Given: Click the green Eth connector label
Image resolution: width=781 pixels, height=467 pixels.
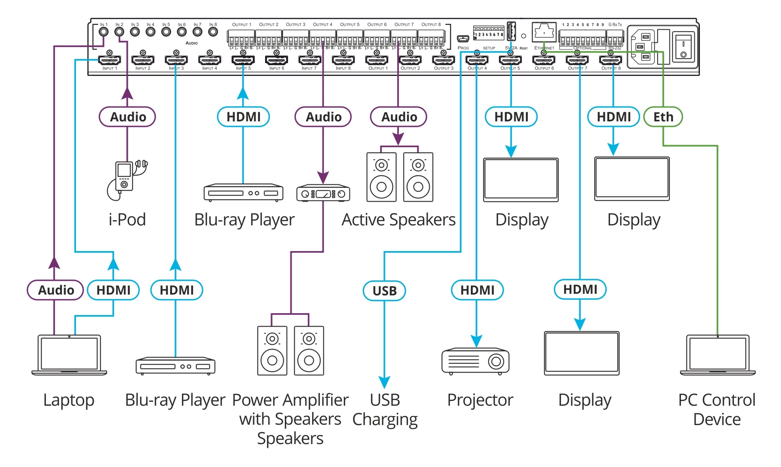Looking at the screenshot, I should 663,117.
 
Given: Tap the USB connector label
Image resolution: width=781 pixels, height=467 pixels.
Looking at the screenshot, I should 384,291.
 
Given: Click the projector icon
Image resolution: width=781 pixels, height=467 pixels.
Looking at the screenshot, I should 476,361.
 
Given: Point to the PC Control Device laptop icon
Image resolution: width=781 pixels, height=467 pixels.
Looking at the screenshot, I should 718,355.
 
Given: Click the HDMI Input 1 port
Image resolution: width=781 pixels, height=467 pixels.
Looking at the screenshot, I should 110,60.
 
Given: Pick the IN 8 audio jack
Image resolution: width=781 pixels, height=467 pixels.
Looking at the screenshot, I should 213,32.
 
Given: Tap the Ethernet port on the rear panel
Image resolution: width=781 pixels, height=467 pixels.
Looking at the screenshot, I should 544,31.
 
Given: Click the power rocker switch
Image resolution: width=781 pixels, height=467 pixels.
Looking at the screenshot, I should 683,45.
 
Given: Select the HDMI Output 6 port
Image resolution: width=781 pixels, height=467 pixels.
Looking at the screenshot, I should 544,60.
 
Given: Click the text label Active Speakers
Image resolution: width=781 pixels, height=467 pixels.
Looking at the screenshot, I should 398,220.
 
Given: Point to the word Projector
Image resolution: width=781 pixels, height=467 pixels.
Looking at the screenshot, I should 480,400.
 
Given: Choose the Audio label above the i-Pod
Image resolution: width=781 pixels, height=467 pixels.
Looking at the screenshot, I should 127,117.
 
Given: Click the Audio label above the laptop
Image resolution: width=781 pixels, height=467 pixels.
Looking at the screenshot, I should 55,290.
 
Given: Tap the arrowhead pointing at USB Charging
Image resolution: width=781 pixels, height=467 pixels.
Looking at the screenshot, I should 384,382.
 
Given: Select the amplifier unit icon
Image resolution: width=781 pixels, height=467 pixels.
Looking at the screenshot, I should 323,193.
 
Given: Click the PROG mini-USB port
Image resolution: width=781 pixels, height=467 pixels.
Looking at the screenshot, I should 463,39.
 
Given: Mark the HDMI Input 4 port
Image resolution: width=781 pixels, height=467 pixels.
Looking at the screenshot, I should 210,60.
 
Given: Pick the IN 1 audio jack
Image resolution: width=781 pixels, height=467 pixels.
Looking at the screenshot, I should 104,32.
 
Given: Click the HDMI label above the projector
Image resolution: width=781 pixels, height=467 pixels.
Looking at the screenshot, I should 477,290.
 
